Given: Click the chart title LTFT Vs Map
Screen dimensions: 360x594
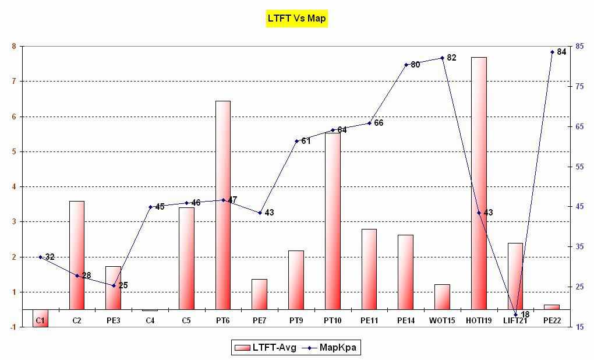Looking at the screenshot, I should [296, 18].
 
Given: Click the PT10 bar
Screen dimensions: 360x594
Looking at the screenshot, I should [333, 221].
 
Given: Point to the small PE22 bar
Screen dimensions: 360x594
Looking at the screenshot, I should [551, 307].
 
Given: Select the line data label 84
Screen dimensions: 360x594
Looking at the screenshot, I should [561, 52].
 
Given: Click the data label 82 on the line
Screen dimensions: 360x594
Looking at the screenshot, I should [451, 58].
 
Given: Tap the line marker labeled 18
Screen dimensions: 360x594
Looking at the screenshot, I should [515, 315].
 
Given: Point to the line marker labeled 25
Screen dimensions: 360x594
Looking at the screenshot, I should [114, 285].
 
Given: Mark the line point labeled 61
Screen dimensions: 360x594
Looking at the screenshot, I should [296, 141].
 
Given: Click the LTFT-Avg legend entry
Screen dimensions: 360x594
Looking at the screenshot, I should [266, 348].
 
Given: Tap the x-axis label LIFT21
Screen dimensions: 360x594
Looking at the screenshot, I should [515, 320].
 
